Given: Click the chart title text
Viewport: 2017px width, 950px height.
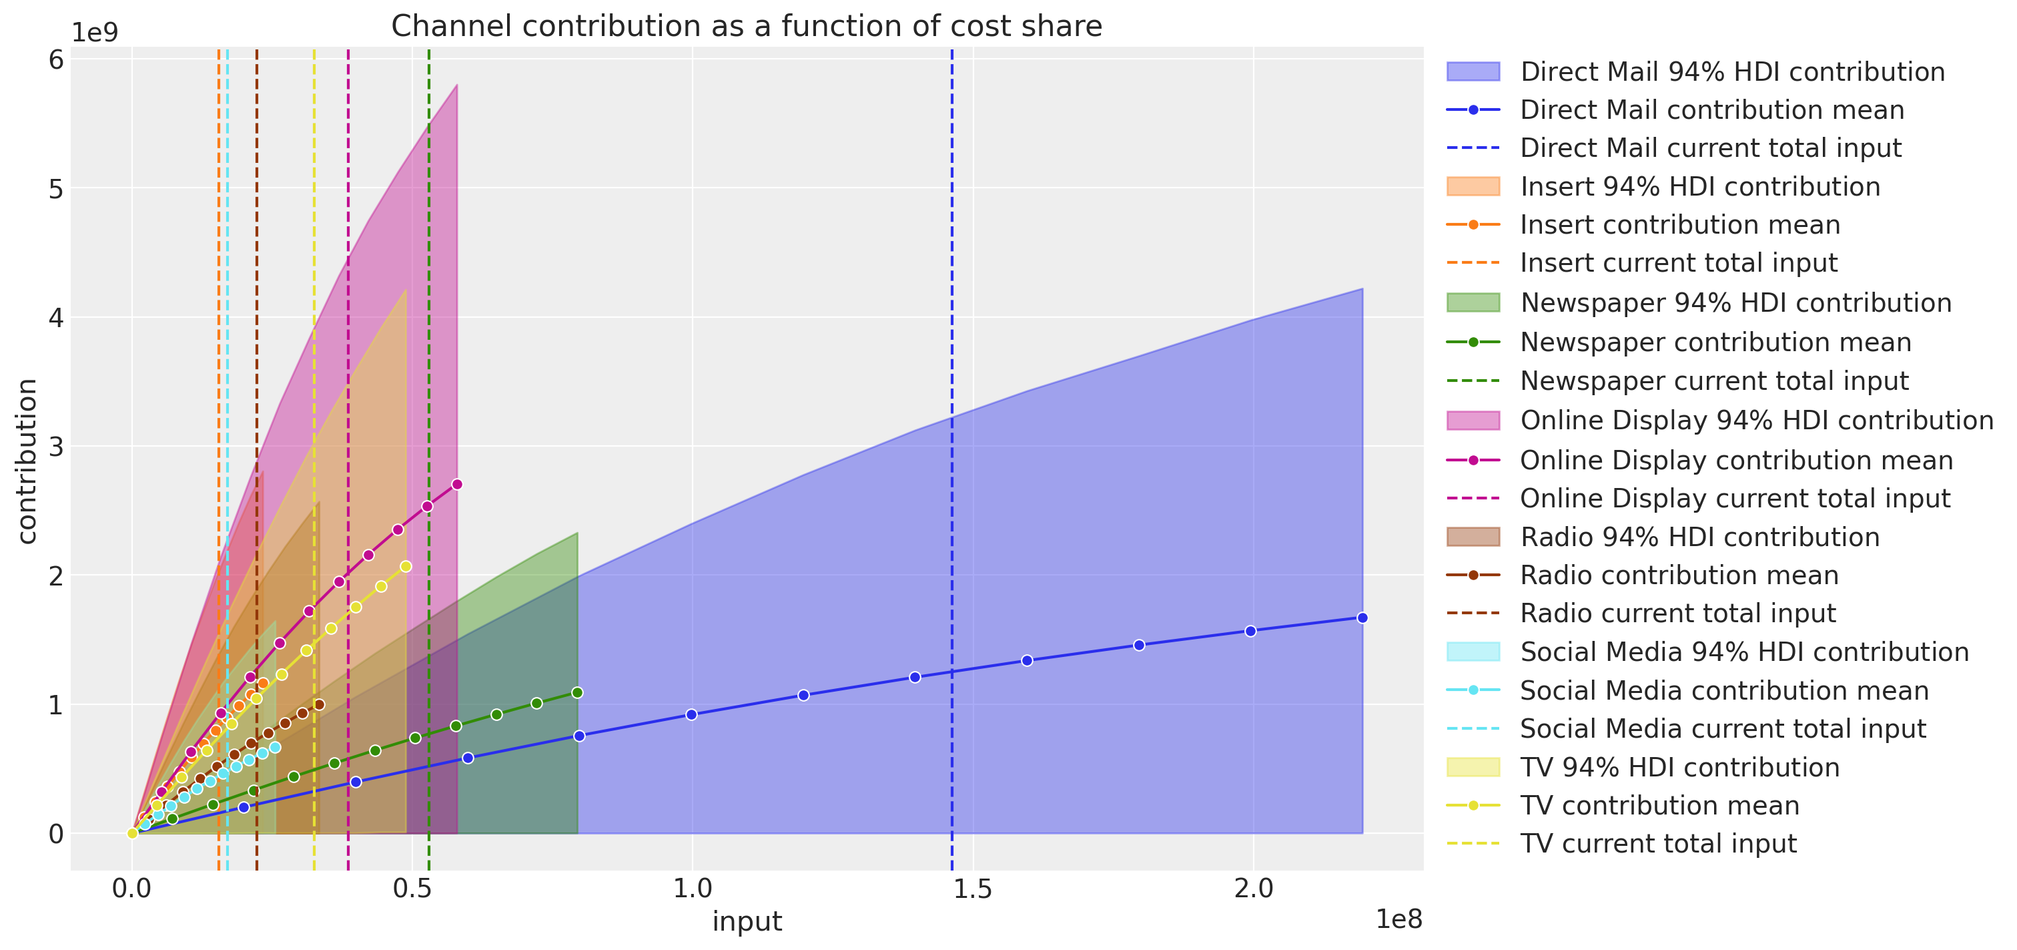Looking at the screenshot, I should tap(746, 27).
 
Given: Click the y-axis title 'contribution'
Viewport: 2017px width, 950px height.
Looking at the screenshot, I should tap(27, 461).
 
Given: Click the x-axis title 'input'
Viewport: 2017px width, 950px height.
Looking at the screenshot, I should tap(746, 921).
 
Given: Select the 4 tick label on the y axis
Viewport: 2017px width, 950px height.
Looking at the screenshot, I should tap(55, 318).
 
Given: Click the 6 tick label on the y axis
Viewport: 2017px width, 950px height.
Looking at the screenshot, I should tap(55, 59).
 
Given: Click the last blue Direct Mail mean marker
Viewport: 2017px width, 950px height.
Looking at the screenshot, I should tap(1362, 618).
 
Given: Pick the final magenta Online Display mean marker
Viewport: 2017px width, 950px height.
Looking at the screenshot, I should tap(457, 484).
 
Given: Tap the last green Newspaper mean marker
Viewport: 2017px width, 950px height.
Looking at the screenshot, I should tap(577, 692).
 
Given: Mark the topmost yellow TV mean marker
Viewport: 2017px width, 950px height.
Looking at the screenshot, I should tap(406, 566).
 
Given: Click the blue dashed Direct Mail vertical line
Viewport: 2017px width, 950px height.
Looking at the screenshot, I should tap(952, 548).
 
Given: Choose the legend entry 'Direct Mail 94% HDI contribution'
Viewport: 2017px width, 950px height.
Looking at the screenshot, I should tap(1732, 72).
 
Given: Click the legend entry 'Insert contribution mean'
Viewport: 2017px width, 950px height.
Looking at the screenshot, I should tap(1679, 225).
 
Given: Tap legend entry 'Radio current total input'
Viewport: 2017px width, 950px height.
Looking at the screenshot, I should tap(1677, 614).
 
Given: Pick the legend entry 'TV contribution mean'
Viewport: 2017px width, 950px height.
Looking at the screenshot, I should tap(1659, 805).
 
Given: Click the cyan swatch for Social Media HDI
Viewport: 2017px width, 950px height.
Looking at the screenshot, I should tap(1473, 652).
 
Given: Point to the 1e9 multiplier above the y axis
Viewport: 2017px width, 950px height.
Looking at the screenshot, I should tap(95, 33).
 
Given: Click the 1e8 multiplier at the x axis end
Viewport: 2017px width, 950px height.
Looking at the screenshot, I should tap(1398, 919).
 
